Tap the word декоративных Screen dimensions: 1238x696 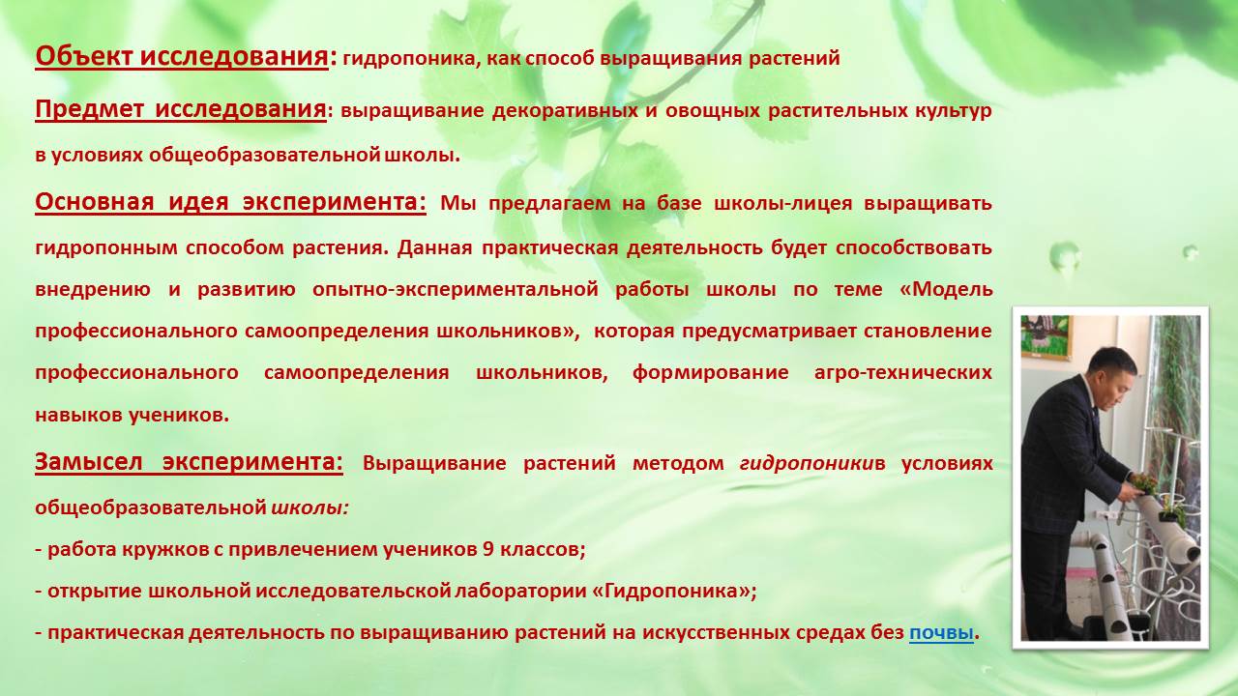tap(565, 111)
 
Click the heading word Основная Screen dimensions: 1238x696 tap(94, 202)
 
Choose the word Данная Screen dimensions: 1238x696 tap(434, 246)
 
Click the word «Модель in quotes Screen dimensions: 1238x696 tap(946, 289)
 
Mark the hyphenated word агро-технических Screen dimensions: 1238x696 tap(903, 372)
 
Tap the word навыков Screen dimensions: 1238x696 tap(78, 415)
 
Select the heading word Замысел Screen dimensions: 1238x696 tap(88, 462)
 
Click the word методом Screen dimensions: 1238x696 tap(678, 463)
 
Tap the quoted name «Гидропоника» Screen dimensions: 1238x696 tap(671, 592)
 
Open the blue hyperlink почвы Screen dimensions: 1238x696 tap(941, 633)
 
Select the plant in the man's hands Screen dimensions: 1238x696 tap(1140, 483)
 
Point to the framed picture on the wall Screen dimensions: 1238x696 tap(1046, 337)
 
